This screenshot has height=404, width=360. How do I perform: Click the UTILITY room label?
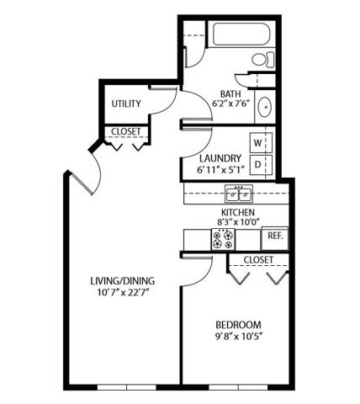pos(126,104)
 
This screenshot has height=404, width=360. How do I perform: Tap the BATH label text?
pos(230,94)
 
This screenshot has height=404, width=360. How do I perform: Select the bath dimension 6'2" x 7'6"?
pos(230,106)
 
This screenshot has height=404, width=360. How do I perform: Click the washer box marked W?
pos(259,141)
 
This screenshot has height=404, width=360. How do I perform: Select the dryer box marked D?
pos(259,162)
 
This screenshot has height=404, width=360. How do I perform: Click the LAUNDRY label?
pos(221,157)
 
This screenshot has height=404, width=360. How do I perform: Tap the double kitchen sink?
pos(240,194)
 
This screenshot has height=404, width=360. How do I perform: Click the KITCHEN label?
pos(238,213)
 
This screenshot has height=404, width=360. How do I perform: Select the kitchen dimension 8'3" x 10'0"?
pos(238,224)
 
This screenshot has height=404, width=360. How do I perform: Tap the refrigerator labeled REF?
pos(275,237)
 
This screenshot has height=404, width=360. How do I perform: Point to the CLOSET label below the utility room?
pos(126,131)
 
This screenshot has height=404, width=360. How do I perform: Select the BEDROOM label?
pos(238,325)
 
